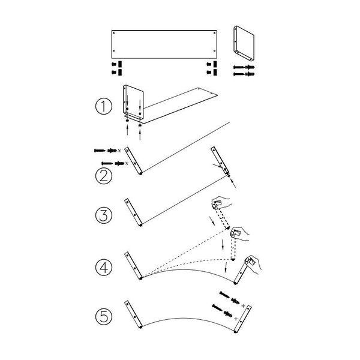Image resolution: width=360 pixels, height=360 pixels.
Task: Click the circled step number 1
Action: (x=104, y=106)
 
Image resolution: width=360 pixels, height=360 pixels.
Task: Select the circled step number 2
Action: (x=104, y=176)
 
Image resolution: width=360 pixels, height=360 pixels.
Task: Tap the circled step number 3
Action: (x=104, y=215)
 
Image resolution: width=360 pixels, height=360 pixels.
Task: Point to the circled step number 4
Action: (x=104, y=268)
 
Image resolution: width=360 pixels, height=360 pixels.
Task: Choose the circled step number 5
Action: (x=104, y=316)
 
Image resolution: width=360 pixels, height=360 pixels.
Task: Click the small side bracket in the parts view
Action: (x=244, y=43)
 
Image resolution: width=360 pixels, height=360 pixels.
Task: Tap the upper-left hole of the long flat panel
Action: (x=113, y=33)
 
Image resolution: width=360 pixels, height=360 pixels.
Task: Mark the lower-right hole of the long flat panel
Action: (x=214, y=51)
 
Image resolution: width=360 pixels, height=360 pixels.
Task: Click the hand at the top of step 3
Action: (x=221, y=202)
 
